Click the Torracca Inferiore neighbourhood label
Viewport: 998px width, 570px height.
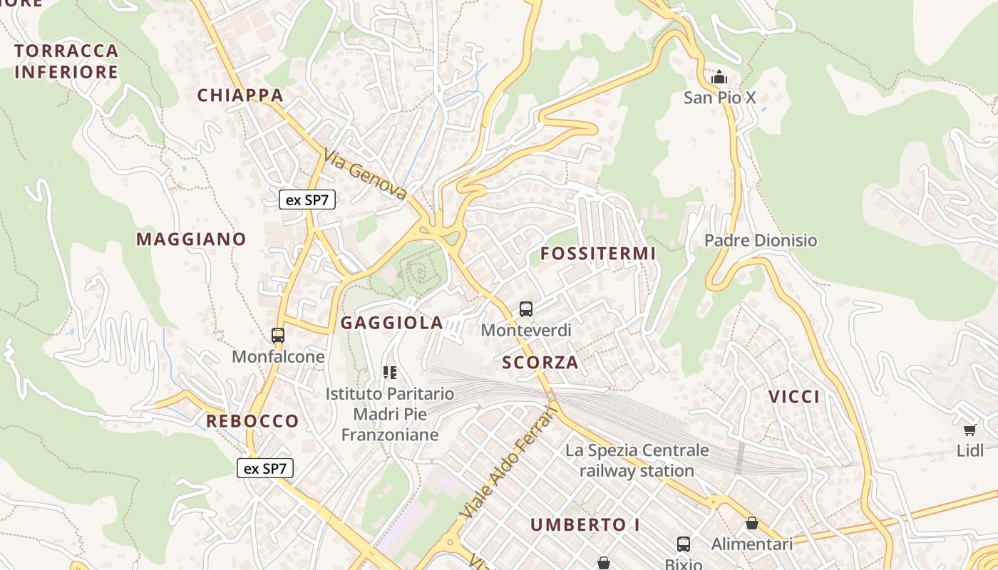pos(66,61)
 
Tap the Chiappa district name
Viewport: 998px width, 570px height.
pos(240,95)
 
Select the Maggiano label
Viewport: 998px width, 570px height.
pos(191,239)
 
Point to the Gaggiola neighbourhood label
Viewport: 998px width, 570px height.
pos(392,323)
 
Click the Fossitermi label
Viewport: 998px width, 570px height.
pos(597,254)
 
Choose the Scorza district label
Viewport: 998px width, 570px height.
pos(540,363)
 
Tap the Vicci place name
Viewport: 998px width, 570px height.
pos(794,397)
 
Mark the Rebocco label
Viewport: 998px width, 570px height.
pos(252,421)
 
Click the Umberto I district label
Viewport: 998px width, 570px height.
pos(585,525)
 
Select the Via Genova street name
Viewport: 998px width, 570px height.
pos(365,175)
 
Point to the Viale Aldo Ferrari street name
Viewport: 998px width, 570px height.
pos(508,462)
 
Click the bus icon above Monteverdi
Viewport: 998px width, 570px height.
pos(526,309)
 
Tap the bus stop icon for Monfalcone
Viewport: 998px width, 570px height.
pos(278,335)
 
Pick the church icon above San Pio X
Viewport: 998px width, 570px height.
pos(719,77)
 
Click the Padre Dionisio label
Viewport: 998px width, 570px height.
pos(761,240)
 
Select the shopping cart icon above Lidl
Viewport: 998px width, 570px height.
pos(969,430)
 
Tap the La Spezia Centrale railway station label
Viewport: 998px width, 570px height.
pos(637,460)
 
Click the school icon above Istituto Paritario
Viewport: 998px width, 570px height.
pos(389,372)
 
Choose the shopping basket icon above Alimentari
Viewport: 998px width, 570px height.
pos(751,524)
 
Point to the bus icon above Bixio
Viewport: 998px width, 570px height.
pos(683,544)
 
